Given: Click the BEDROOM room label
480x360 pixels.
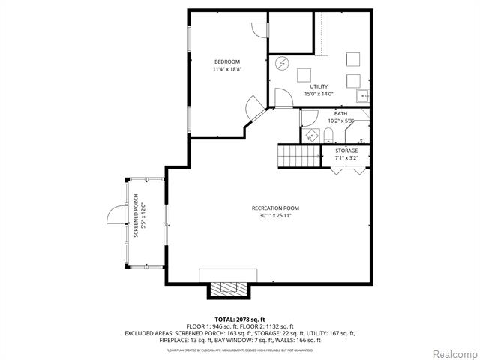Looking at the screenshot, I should click(x=226, y=61).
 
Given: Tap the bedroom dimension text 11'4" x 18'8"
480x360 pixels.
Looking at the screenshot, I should click(x=226, y=69).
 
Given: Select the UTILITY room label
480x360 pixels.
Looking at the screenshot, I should click(x=318, y=86).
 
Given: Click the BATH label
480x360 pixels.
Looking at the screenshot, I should click(x=341, y=113).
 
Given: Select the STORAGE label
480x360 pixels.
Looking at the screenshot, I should click(x=346, y=151).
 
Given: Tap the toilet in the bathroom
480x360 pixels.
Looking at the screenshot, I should click(x=328, y=135).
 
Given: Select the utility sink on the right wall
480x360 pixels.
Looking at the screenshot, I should click(x=363, y=95).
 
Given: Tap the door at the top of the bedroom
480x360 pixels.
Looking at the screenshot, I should click(x=259, y=28).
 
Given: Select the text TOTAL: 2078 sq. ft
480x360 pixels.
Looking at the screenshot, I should click(x=240, y=319).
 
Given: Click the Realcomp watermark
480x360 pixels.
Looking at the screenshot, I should click(x=451, y=352).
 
